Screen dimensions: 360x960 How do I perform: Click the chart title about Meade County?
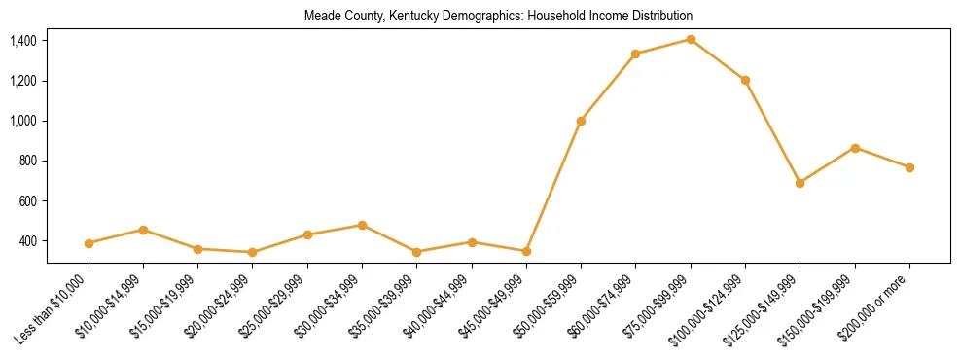click(x=498, y=16)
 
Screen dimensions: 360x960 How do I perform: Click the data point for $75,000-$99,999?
click(x=691, y=39)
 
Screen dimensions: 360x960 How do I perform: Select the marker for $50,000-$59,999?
click(x=581, y=121)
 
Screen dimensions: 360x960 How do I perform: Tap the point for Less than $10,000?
click(x=89, y=243)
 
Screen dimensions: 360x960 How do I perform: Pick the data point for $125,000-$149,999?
click(x=800, y=183)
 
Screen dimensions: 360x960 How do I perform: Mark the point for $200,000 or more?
click(x=909, y=167)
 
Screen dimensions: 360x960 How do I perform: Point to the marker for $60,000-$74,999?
click(x=635, y=54)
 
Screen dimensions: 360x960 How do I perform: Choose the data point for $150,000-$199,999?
click(x=855, y=148)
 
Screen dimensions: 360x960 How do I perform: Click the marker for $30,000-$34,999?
click(x=362, y=225)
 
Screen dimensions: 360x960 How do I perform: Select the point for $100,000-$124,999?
click(x=745, y=80)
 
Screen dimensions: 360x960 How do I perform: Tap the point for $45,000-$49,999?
click(x=526, y=251)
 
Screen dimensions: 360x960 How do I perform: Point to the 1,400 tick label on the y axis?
click(x=23, y=41)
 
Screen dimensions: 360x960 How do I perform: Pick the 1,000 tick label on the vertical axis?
click(x=23, y=121)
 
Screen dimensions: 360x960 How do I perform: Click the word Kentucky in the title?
click(x=404, y=16)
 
